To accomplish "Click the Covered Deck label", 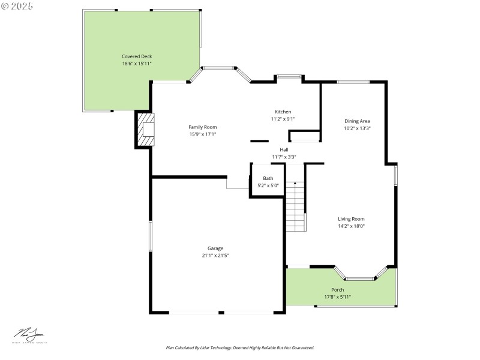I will pos(137,56).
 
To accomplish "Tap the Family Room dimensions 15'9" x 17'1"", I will pos(202,134).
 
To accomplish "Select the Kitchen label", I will pos(283,112).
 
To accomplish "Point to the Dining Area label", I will pos(357,121).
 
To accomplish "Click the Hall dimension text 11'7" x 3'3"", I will pos(284,157).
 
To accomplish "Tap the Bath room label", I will pos(268,178).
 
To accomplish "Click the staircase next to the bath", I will pos(295,207).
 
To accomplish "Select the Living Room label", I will pos(351,219).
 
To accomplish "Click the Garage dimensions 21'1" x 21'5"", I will pos(215,255).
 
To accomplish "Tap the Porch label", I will pos(337,290).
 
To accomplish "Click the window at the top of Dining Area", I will pos(353,82).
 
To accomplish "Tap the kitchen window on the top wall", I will pos(289,76).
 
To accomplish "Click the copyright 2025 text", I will pos(17,6).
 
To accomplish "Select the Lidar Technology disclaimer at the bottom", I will pos(240,347).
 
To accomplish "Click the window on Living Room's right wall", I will pos(395,175).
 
